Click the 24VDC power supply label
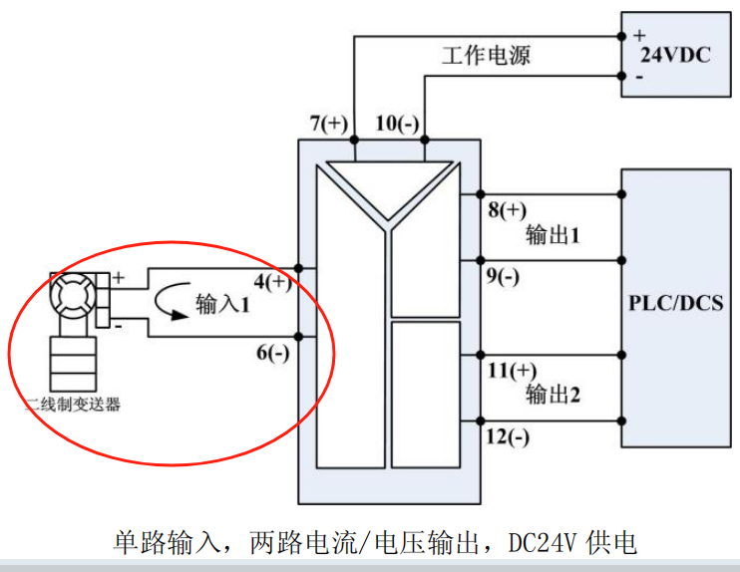click(675, 55)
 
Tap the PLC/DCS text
click(676, 303)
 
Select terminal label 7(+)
click(329, 124)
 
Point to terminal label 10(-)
click(397, 124)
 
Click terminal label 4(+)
click(273, 282)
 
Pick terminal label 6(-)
click(273, 352)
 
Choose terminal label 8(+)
click(508, 210)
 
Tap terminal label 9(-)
click(503, 276)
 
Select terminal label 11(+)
click(512, 370)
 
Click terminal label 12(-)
click(508, 436)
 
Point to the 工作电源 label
click(486, 55)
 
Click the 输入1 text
click(222, 304)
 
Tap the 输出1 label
click(553, 234)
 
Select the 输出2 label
click(553, 395)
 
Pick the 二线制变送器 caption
click(73, 405)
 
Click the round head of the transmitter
click(73, 296)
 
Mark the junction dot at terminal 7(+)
click(354, 140)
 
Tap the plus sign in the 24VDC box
click(639, 35)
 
